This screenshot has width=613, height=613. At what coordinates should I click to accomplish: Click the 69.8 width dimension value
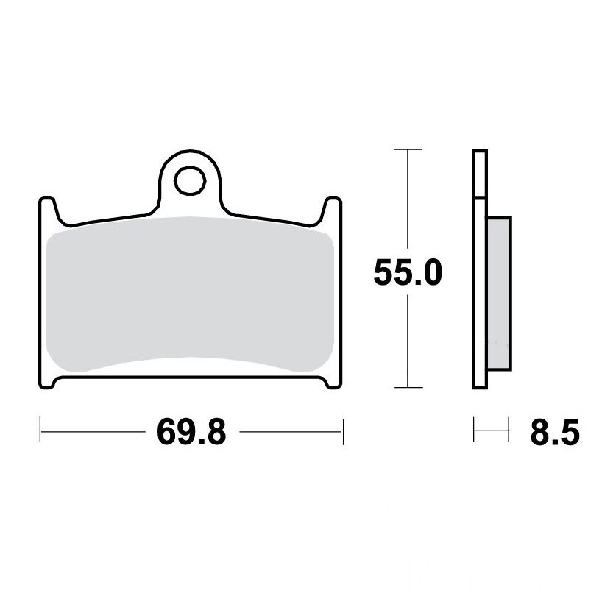point(191,432)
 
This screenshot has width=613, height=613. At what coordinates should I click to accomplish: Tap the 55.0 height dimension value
point(408,272)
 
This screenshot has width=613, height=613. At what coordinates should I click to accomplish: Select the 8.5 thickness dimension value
point(555,432)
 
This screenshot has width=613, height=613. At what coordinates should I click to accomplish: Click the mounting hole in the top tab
point(190,180)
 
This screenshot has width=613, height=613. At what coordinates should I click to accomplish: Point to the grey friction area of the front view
point(190,294)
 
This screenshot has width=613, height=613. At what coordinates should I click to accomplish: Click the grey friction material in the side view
point(499,293)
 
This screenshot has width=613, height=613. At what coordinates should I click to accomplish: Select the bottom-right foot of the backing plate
point(333,383)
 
